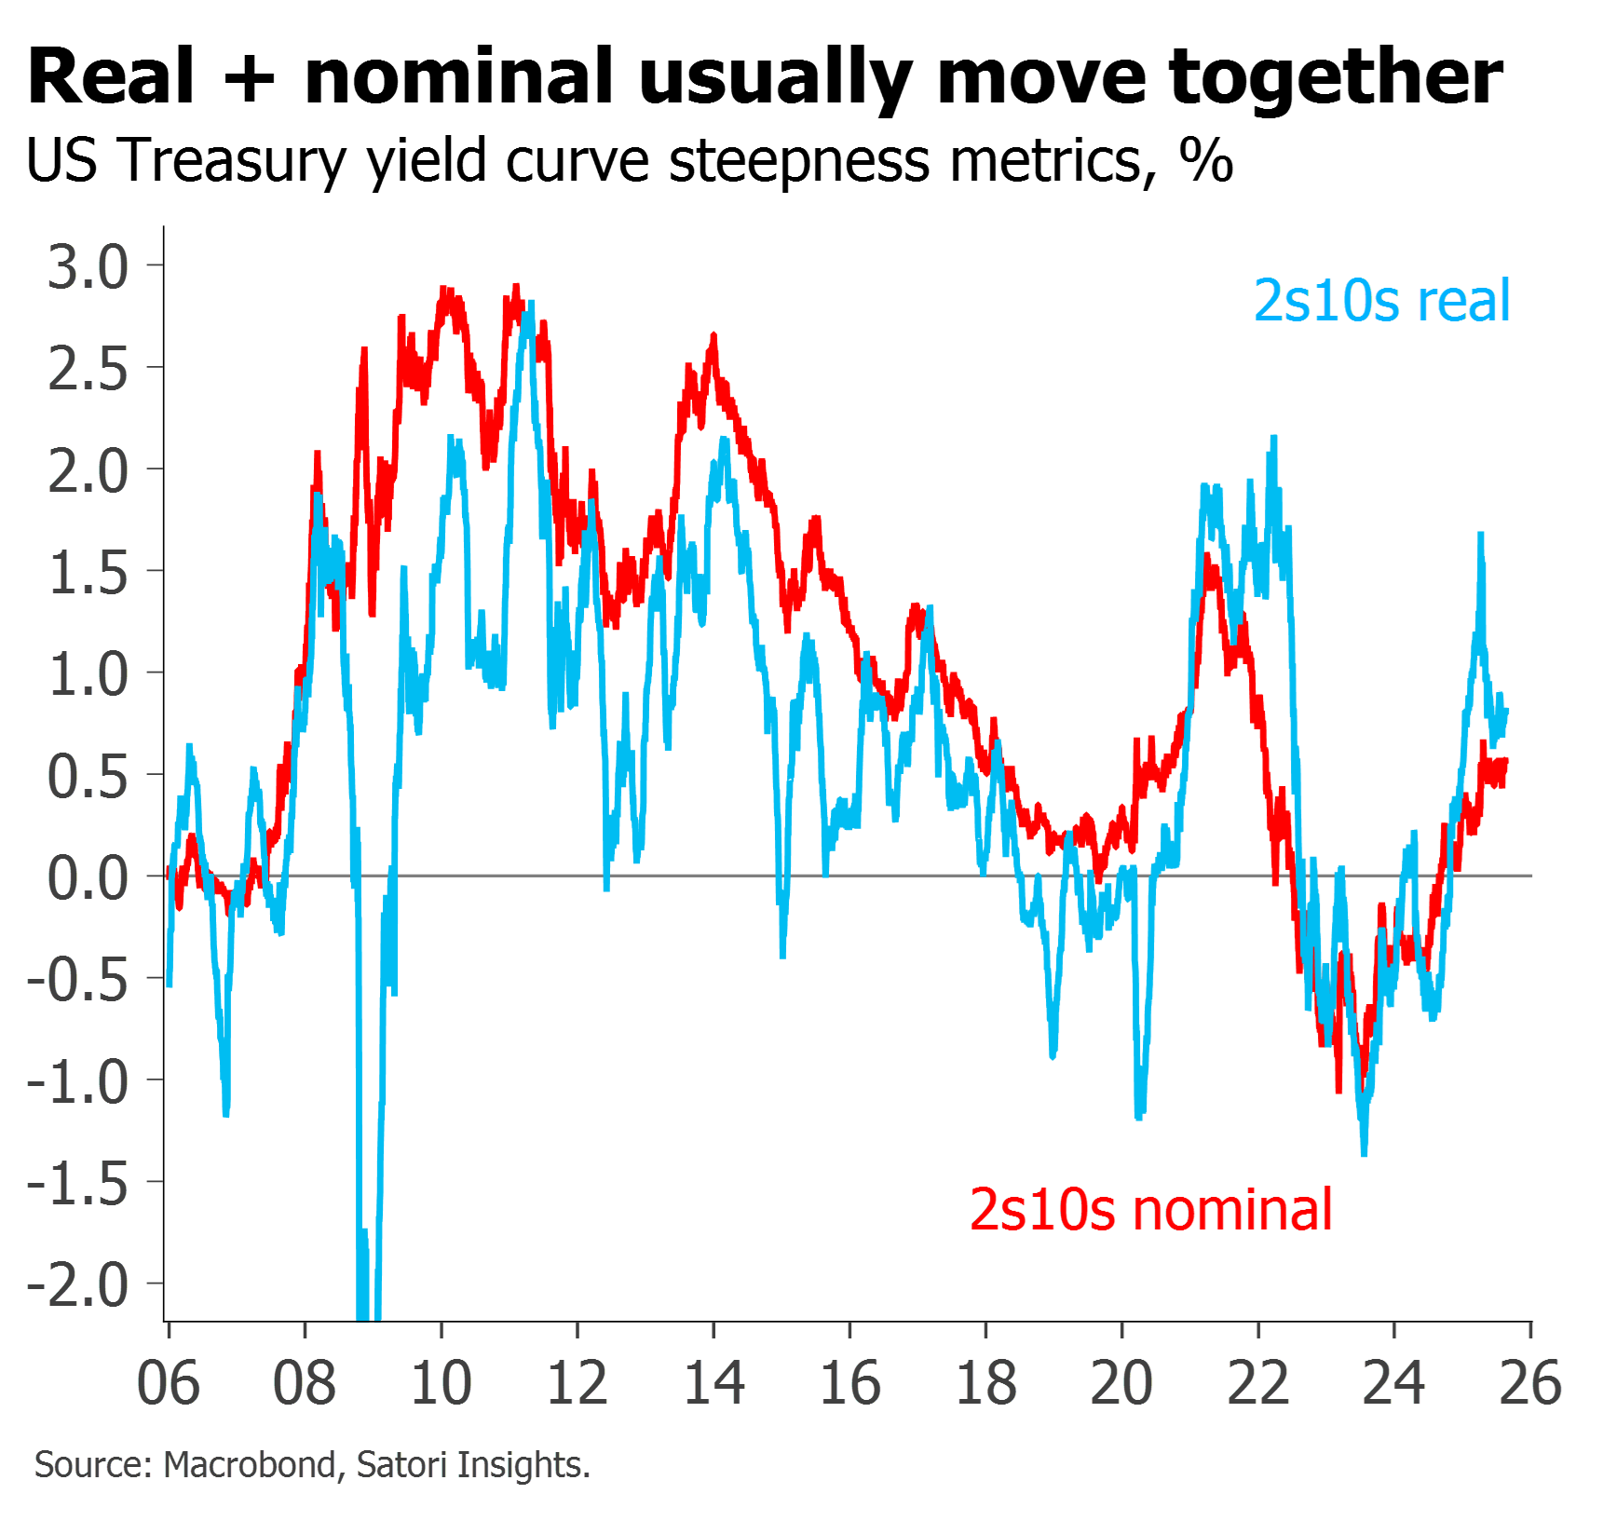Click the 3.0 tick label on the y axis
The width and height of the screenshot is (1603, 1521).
pyautogui.click(x=88, y=267)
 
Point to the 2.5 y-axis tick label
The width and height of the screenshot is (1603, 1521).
pyautogui.click(x=88, y=370)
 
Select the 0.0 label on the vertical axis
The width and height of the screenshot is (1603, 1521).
pyautogui.click(x=88, y=878)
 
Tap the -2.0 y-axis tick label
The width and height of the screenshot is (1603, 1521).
pyautogui.click(x=78, y=1285)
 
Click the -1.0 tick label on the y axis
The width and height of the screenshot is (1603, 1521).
pyautogui.click(x=78, y=1082)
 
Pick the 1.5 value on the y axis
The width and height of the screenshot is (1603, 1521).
pyautogui.click(x=88, y=573)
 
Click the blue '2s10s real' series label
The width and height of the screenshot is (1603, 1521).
pyautogui.click(x=1381, y=301)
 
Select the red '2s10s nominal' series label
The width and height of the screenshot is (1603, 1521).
pyautogui.click(x=1151, y=1209)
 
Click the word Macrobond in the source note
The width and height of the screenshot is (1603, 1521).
pyautogui.click(x=249, y=1465)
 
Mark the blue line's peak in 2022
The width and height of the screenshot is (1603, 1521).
pyautogui.click(x=1273, y=438)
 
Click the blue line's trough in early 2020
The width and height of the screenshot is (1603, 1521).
pyautogui.click(x=1139, y=1116)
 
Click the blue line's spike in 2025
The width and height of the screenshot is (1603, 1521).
pyautogui.click(x=1481, y=535)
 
